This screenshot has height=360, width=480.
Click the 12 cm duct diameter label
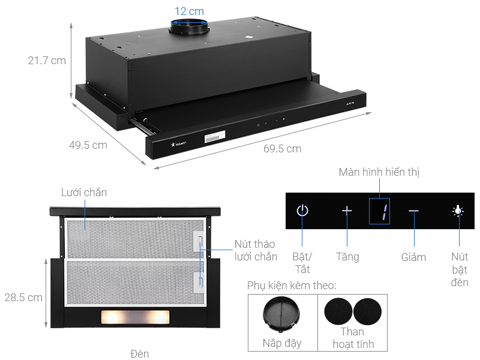(189, 11)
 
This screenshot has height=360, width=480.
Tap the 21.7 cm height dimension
(46, 61)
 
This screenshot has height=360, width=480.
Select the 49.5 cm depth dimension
(88, 145)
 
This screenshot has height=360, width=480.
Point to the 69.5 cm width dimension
(282, 148)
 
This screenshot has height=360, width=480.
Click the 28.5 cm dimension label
(23, 297)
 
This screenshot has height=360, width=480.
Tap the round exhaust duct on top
(188, 27)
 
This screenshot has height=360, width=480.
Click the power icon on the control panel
(303, 211)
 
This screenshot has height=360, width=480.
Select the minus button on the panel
(414, 211)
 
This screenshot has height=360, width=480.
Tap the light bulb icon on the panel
(458, 211)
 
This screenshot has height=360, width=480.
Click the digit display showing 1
(379, 211)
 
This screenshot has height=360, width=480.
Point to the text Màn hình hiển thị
(379, 173)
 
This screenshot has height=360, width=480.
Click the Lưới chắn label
(84, 193)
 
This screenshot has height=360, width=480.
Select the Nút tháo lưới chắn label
(256, 250)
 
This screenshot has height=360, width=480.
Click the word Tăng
(347, 257)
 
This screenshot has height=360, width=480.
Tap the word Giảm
(413, 257)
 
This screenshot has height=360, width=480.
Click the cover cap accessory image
(281, 314)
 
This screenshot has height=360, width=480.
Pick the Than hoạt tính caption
(352, 337)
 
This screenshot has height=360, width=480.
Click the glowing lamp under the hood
(135, 316)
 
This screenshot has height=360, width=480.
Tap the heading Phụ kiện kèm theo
(292, 285)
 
